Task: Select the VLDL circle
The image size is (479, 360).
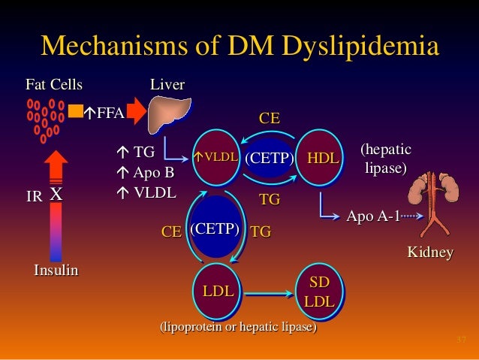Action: (x=216, y=158)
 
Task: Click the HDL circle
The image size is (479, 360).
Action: (x=322, y=158)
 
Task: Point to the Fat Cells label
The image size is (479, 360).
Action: (x=54, y=84)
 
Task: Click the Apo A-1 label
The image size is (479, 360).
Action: (x=370, y=216)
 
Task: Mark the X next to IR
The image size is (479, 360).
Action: (x=56, y=194)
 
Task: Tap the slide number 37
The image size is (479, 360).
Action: (x=462, y=342)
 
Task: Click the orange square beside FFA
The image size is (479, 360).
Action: (x=75, y=111)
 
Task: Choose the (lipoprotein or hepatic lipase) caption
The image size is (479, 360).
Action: (x=238, y=328)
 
